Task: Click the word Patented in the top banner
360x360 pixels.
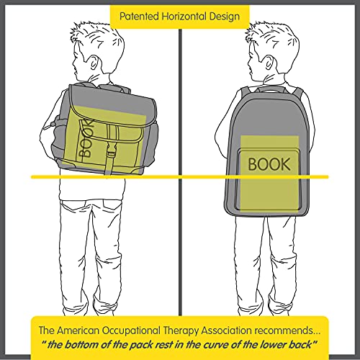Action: tap(139, 17)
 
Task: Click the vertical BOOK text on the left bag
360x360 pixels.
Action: tap(85, 138)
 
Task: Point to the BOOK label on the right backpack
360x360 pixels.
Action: tap(269, 164)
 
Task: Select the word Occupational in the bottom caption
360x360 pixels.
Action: tap(131, 331)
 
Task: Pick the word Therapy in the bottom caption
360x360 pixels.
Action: tap(181, 331)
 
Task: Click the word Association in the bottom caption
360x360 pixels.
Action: tap(226, 330)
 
